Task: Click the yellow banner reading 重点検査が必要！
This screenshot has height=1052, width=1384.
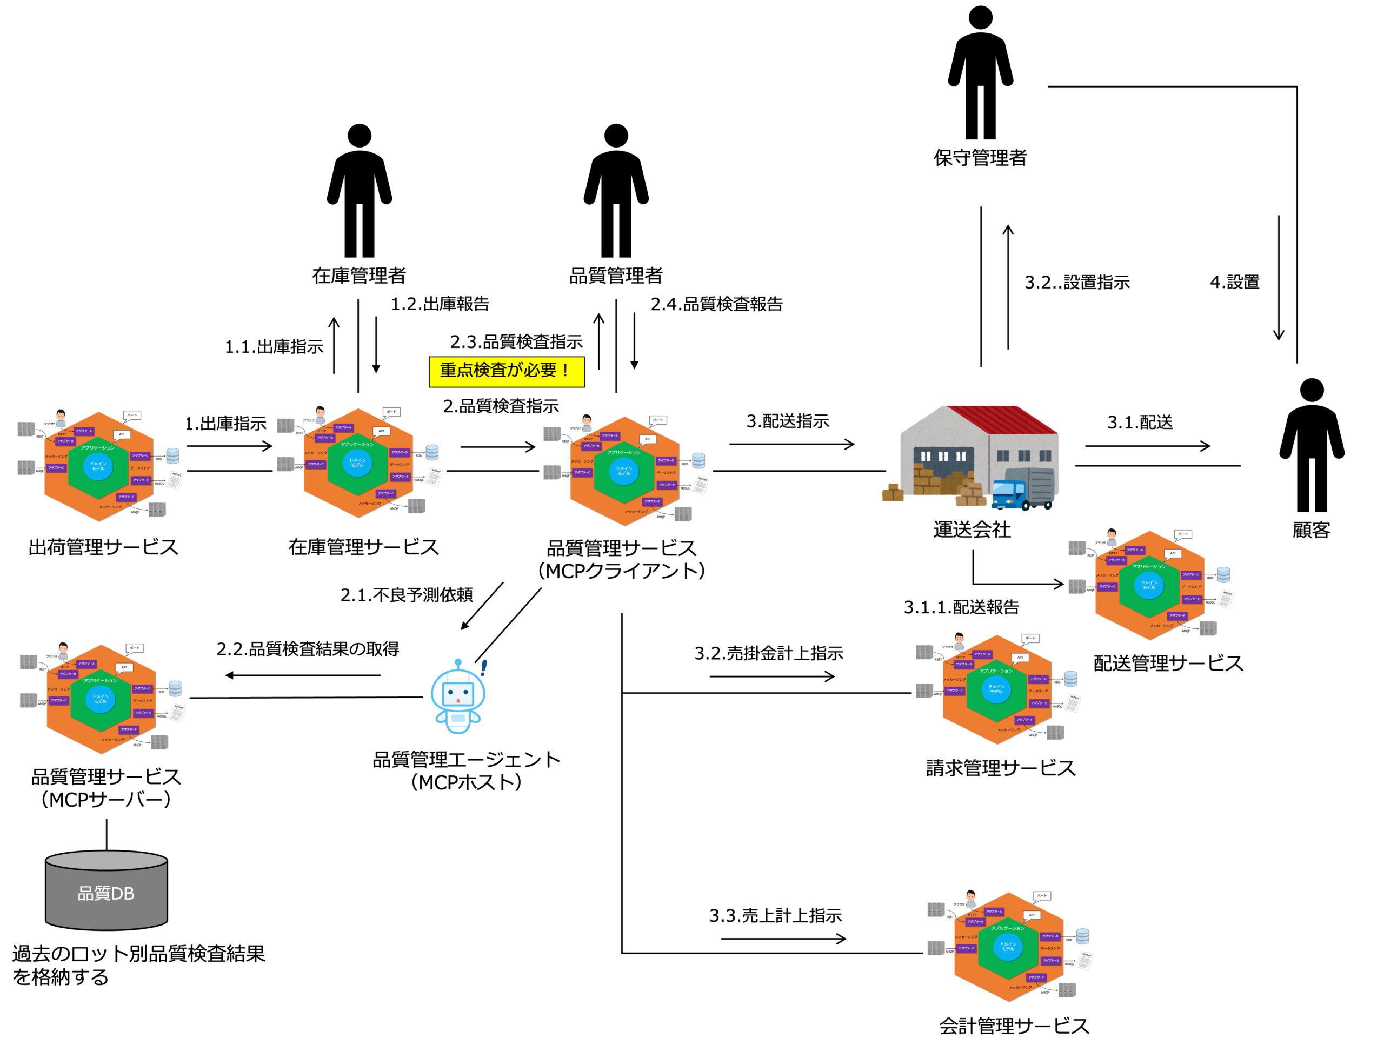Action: pos(506,371)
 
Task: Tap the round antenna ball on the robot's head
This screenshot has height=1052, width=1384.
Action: pos(458,662)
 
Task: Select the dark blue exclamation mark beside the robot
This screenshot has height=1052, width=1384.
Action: pos(483,667)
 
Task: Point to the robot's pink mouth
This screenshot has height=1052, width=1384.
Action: pos(458,700)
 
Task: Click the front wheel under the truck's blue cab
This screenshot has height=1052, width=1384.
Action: pos(1026,506)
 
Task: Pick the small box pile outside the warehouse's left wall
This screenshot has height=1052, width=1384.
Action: pos(892,493)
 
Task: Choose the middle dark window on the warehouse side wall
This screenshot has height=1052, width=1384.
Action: pos(1024,456)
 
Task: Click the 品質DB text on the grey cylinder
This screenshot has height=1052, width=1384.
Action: pos(106,894)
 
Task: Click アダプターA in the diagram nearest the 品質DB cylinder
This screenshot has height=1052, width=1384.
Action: pos(86,664)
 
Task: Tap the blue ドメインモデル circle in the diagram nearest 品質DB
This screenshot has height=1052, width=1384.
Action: pos(100,698)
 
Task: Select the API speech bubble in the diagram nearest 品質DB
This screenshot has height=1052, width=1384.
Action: pos(124,667)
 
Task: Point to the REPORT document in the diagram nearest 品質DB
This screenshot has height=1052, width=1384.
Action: pos(177,713)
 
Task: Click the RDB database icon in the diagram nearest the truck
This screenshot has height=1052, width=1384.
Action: pos(1223,574)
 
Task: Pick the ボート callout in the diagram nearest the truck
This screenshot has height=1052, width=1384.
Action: pos(1182,534)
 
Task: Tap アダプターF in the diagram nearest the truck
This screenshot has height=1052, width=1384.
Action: pos(1177,615)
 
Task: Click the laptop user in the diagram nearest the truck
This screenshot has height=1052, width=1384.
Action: pos(1112,536)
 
